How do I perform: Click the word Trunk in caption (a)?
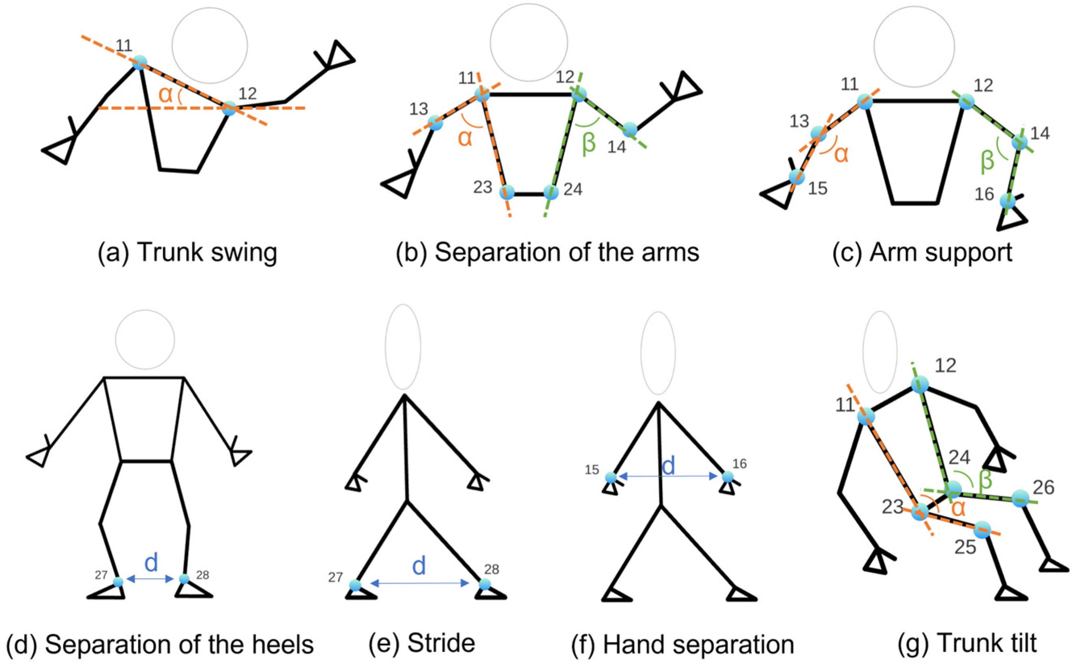point(167,253)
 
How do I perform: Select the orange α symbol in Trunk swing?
point(165,95)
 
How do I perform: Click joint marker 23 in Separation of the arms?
point(507,192)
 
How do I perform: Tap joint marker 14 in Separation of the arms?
point(629,129)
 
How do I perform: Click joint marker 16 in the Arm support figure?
point(1007,201)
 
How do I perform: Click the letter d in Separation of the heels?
point(151,563)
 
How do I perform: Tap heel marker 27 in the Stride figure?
point(355,585)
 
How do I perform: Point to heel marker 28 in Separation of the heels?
point(184,579)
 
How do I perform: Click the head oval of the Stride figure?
point(403,346)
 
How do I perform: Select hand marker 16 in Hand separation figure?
point(727,476)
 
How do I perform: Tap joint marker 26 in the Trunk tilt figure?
point(1020,498)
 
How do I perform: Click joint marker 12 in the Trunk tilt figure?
point(920,384)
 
